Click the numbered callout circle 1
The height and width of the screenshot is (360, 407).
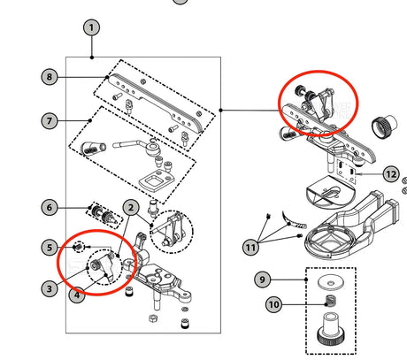(91, 27)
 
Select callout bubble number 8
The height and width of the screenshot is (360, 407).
(50, 77)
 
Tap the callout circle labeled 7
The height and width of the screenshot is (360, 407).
(50, 120)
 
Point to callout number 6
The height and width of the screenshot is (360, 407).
(50, 207)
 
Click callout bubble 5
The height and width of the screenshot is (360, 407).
(50, 247)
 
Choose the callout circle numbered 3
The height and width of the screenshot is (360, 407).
(50, 288)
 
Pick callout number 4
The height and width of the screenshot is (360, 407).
(77, 295)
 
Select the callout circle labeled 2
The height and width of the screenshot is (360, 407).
(131, 208)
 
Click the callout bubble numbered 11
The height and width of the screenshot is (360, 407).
(250, 247)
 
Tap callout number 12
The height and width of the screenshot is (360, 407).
(391, 174)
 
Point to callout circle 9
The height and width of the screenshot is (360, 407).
(262, 280)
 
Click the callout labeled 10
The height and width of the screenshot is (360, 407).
(273, 304)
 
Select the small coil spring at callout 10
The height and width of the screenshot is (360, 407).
(330, 302)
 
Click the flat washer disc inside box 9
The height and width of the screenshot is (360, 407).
(331, 283)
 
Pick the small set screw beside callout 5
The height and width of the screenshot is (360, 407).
(78, 247)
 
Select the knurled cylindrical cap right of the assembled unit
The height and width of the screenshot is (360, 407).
(384, 126)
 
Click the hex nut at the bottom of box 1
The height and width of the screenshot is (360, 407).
(152, 318)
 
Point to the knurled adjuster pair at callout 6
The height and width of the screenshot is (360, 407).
(104, 215)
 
